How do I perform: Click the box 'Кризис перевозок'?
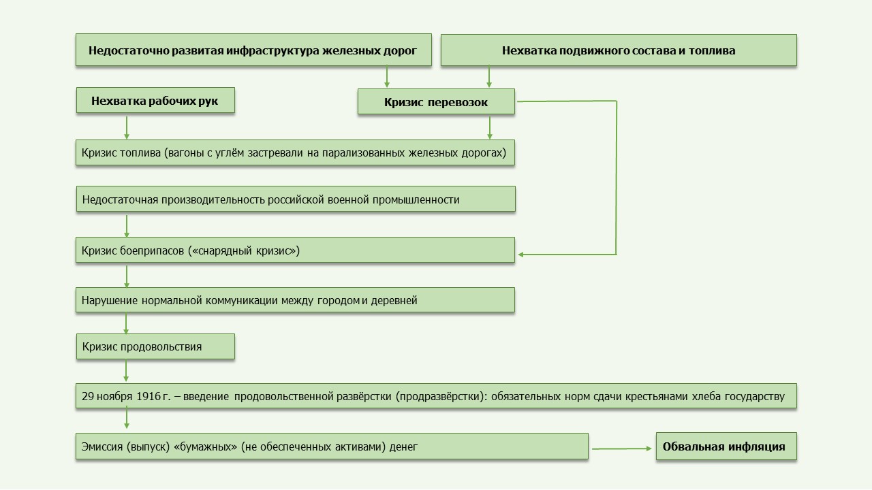tap(436, 101)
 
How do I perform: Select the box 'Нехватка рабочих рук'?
tap(155, 100)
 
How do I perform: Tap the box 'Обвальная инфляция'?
tap(726, 446)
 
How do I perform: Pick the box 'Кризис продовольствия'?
tap(155, 346)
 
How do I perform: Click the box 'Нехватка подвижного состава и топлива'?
tap(619, 50)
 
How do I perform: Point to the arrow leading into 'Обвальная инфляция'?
tap(622, 448)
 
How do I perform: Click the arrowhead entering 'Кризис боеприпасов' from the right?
tap(521, 255)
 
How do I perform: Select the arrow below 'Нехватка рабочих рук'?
tap(127, 127)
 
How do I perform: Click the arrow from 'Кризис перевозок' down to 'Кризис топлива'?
tap(490, 127)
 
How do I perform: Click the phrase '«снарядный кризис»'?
tap(244, 250)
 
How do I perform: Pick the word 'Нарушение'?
tap(110, 300)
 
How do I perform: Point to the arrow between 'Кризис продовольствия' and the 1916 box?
tap(126, 371)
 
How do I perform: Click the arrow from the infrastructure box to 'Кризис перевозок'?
tap(386, 77)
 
